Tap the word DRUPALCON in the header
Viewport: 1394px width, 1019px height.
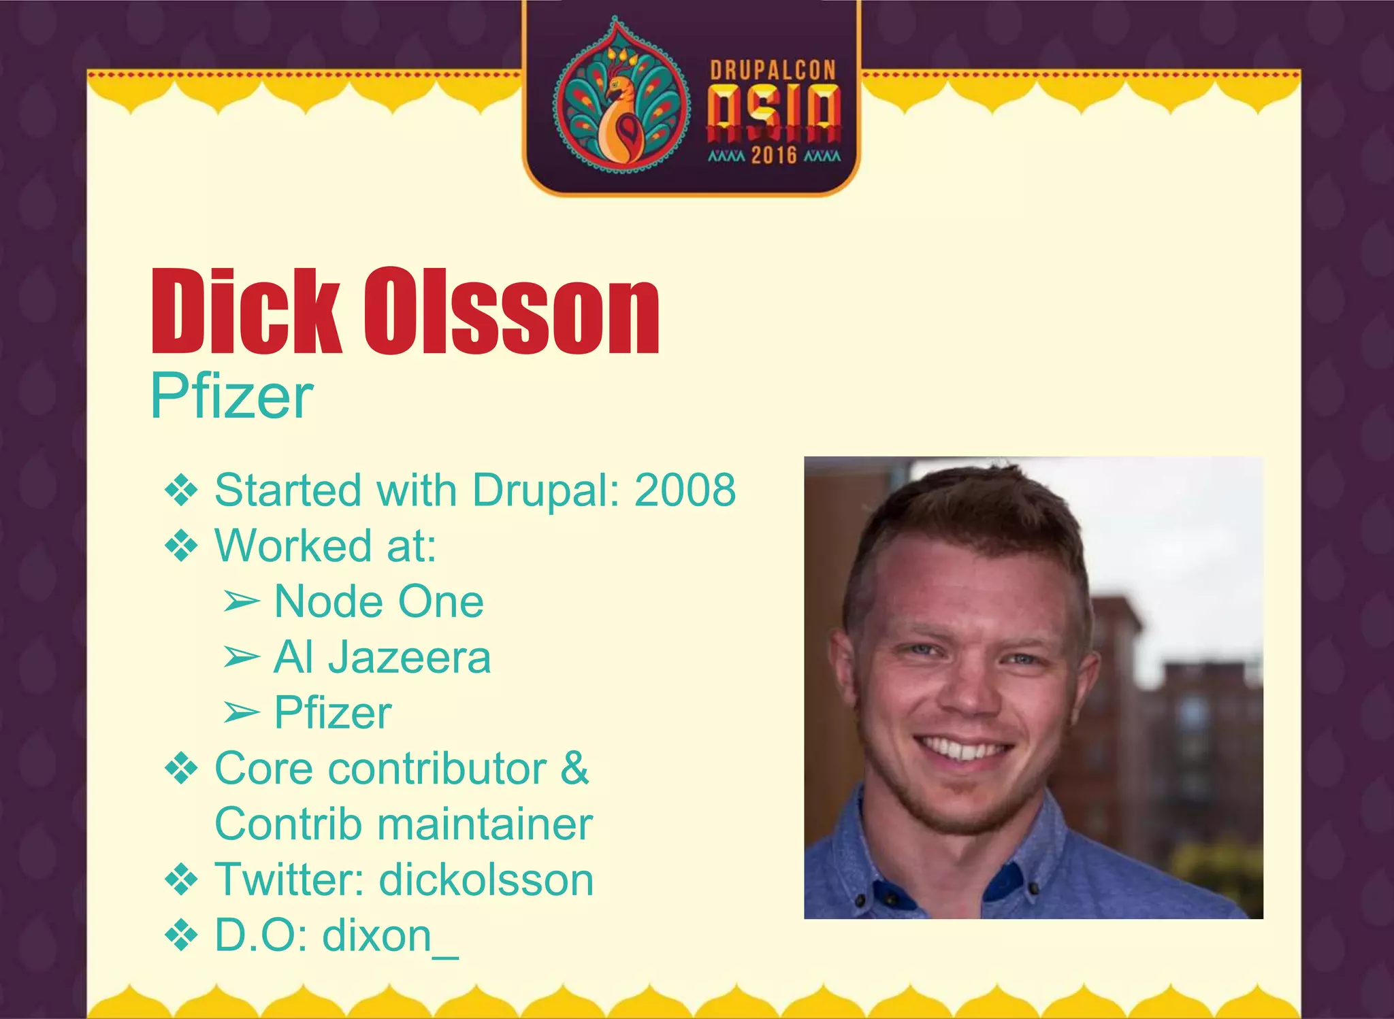[773, 70]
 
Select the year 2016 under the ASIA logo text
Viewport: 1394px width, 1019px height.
[774, 156]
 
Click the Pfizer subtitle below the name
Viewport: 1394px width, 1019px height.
[231, 397]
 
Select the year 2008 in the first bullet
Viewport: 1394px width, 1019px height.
[685, 490]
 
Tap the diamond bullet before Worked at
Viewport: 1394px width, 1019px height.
[181, 546]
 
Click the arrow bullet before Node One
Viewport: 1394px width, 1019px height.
[242, 602]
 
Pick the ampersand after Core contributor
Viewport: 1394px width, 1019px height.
[574, 769]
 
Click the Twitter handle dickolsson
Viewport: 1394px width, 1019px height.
[486, 880]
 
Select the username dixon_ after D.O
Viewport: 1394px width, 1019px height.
[390, 936]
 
